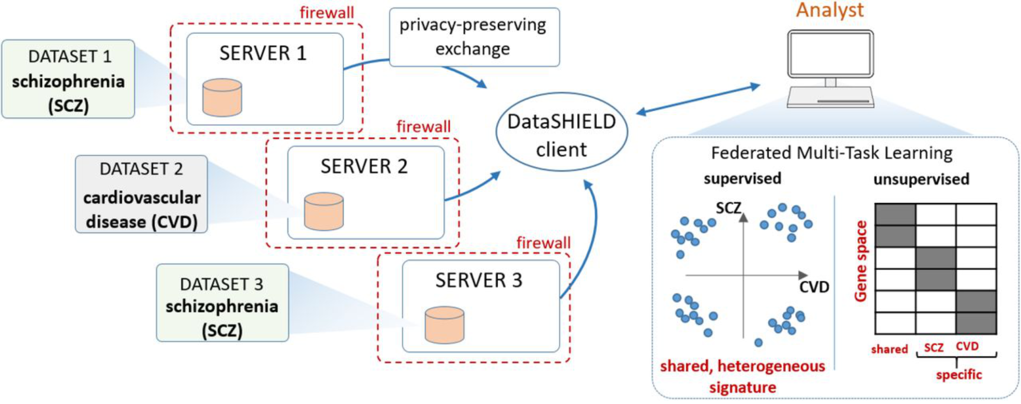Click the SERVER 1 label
tap(263, 53)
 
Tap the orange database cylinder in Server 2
tap(323, 211)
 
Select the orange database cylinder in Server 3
tap(444, 325)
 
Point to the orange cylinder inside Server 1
tap(222, 98)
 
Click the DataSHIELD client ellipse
tap(562, 132)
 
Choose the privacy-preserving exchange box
tap(474, 37)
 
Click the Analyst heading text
tap(830, 10)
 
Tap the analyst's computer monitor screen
tap(830, 53)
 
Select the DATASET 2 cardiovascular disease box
tap(141, 194)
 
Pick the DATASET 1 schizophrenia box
tap(68, 79)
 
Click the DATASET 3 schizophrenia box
tap(222, 303)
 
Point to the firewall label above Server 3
tap(544, 243)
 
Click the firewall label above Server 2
tap(423, 126)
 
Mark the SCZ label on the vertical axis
tap(728, 208)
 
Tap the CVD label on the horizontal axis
tap(814, 287)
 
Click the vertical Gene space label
tap(861, 261)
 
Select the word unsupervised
tap(921, 179)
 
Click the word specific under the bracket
tap(959, 375)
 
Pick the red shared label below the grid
tap(889, 349)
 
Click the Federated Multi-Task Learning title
tap(832, 153)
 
